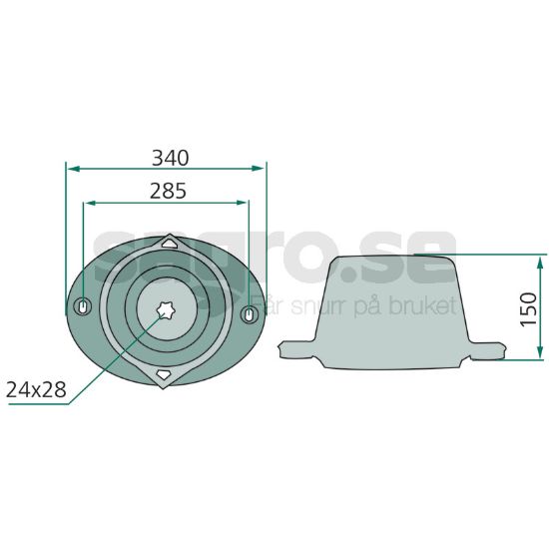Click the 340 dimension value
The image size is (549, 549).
(170, 159)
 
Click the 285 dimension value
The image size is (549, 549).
(168, 192)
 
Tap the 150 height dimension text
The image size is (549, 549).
(529, 309)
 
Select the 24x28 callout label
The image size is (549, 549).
(36, 389)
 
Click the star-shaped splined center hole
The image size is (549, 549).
(166, 309)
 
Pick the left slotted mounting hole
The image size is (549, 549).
(83, 306)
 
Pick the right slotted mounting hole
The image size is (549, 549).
(250, 314)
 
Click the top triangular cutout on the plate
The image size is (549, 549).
(170, 244)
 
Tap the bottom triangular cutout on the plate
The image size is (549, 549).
(163, 374)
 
